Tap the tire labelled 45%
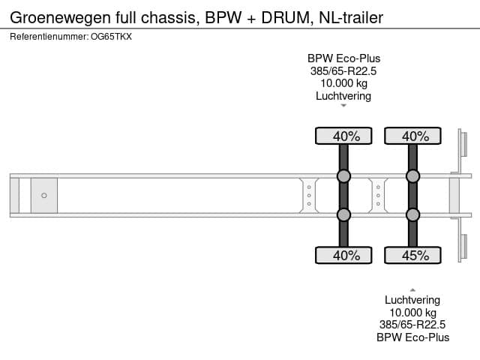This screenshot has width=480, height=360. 412,256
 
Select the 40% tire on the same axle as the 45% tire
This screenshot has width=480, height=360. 412,136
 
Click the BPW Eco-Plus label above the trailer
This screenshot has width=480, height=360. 343,58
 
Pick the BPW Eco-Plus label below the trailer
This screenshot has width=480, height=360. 412,337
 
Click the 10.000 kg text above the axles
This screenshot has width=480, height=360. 343,83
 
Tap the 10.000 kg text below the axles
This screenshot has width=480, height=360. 412,312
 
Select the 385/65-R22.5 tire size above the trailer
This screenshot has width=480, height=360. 343,70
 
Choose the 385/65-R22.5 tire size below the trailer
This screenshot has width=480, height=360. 412,325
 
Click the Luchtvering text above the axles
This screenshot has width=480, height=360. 343,96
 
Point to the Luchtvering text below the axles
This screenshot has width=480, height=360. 412,300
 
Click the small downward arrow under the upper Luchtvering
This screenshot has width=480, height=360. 343,106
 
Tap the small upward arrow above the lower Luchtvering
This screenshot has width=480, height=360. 412,289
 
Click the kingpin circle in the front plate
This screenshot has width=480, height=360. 44,196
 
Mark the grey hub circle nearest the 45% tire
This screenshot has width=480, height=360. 412,215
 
